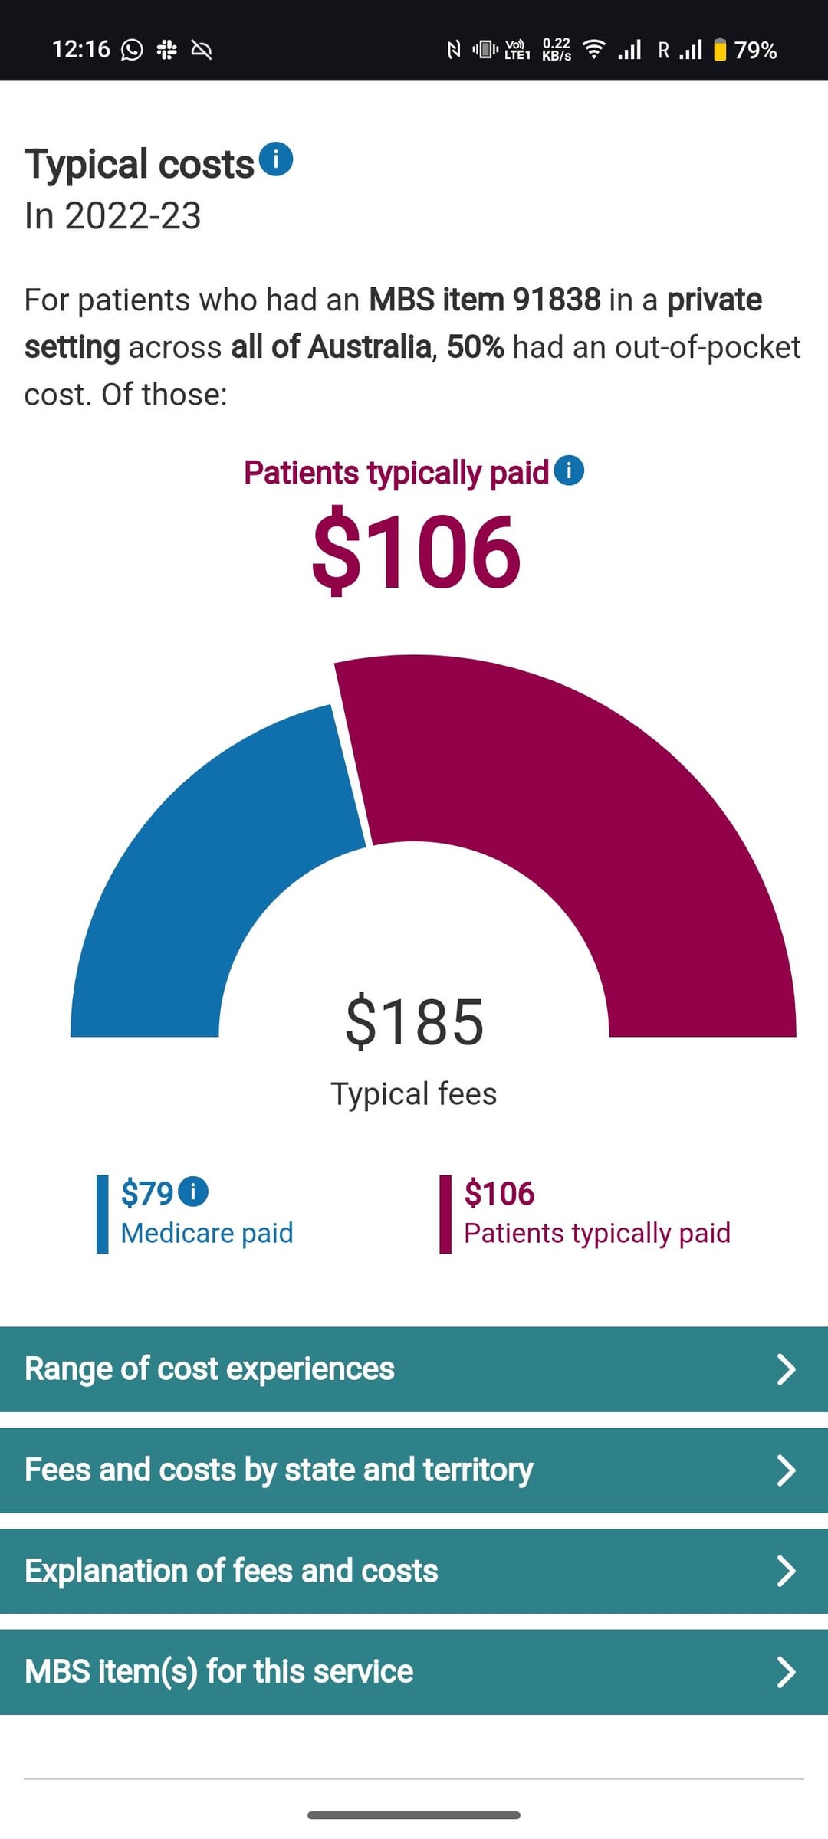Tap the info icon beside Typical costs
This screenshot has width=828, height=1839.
coord(276,159)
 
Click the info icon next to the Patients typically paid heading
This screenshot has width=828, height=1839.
coord(569,470)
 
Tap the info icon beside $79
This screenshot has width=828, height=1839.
coord(193,1192)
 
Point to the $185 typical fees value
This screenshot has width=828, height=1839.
coord(414,1021)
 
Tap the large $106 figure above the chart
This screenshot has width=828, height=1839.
coord(416,552)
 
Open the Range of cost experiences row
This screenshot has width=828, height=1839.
coord(414,1369)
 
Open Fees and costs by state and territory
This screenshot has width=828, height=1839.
coord(414,1470)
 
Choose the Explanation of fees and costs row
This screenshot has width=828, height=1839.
coord(414,1571)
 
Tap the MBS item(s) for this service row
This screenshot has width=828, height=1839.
coord(414,1671)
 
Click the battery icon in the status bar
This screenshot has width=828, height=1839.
coord(720,50)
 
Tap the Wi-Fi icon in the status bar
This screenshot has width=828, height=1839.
coord(593,50)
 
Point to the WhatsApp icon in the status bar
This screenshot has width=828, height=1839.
coord(133,50)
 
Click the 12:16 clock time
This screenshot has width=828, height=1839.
coord(80,50)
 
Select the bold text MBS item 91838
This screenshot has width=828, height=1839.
coord(485,300)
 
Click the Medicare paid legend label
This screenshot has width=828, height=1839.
coord(207,1233)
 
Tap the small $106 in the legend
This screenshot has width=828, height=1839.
coord(499,1193)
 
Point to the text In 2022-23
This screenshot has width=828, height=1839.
coord(113,215)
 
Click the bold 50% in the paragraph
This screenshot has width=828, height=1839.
coord(475,347)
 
